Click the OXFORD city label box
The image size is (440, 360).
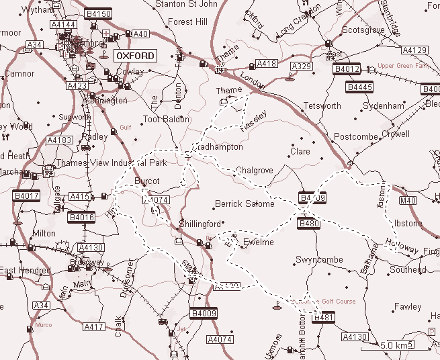coord(135,56)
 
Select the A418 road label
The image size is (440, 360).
coord(266,64)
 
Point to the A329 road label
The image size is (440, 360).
coord(302,66)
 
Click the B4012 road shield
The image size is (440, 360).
coord(347,69)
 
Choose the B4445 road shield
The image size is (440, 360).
coord(359,87)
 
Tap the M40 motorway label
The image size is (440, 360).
coord(408,200)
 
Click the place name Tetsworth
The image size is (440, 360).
coord(322,106)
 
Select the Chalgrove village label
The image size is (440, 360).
coord(255,171)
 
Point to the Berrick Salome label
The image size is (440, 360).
coord(245,204)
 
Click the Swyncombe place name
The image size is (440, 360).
coord(319,260)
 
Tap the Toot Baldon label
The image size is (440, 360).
coord(166,120)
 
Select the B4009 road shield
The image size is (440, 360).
coord(204,312)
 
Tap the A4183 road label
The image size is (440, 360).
coord(59,140)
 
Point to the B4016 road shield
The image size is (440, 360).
coord(81,218)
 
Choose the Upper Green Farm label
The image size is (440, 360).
coord(403,66)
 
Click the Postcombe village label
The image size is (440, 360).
coord(356,137)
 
